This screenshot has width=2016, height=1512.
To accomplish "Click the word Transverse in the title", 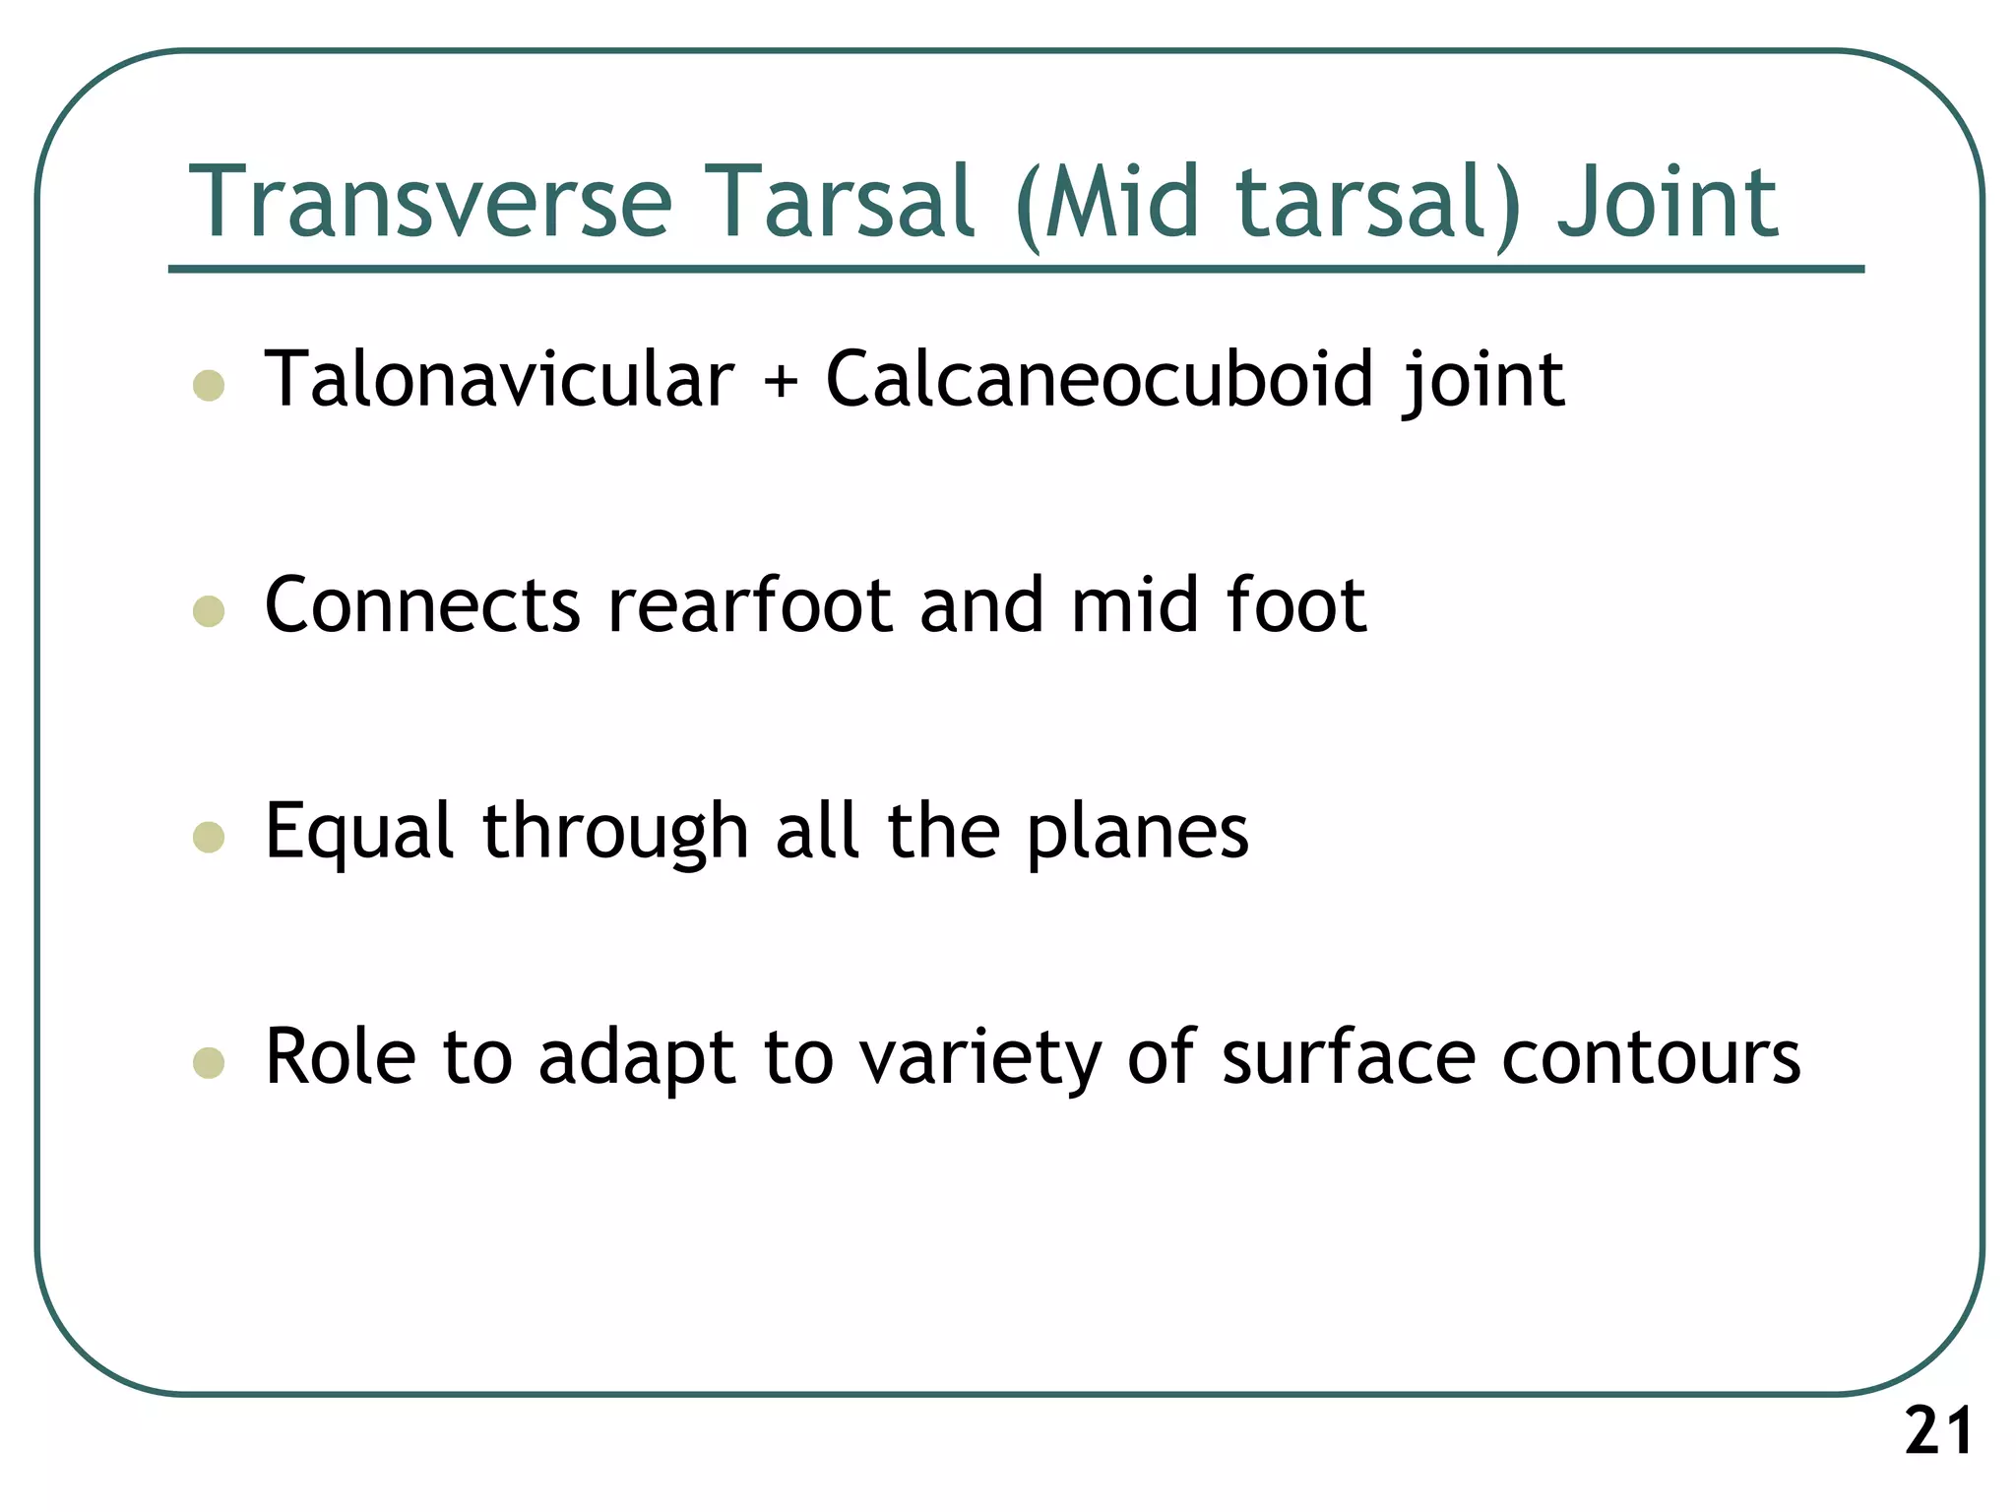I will [430, 202].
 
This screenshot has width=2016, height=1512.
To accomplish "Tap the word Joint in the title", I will [1668, 202].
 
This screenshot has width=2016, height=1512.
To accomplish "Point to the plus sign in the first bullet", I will [781, 381].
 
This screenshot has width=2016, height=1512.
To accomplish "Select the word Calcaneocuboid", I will [1099, 379].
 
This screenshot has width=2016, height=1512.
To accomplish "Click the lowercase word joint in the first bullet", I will [1483, 381].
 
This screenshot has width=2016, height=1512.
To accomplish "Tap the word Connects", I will [422, 604].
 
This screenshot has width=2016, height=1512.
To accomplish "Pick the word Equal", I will [359, 833].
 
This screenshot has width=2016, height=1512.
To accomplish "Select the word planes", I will [1137, 833].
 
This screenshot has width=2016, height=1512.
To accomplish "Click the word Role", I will [341, 1057].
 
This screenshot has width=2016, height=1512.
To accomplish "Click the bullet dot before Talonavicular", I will [209, 385].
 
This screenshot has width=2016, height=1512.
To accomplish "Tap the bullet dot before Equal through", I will [209, 837].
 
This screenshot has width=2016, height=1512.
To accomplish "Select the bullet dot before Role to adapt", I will [209, 1063].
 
